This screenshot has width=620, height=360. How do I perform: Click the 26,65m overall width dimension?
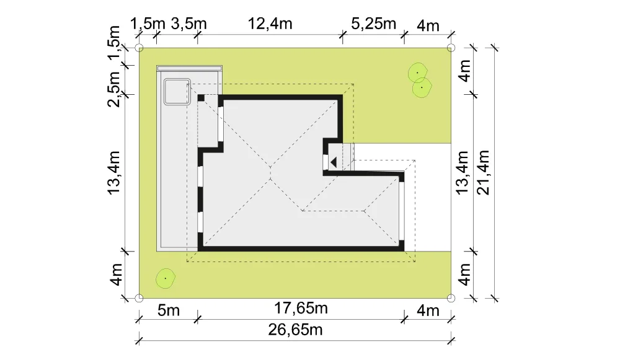295,330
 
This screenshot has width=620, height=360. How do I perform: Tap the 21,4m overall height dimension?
483,173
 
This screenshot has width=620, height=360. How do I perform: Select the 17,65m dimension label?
301,308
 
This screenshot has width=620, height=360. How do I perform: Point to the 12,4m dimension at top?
270,24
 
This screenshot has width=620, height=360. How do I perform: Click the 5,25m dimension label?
374,24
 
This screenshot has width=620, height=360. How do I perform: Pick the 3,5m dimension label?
188,24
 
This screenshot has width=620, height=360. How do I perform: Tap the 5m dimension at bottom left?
169,310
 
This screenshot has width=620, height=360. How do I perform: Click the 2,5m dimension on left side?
114,89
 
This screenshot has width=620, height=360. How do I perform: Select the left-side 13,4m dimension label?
114,173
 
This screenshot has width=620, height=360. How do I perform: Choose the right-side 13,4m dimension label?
463,173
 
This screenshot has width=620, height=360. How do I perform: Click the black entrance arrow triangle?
334,162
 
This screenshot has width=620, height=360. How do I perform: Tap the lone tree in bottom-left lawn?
166,279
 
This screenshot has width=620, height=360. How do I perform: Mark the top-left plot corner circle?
139,48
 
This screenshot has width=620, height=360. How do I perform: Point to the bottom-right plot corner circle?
451,298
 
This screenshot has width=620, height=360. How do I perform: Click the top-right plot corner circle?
451,48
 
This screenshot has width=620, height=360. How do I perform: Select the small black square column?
201,98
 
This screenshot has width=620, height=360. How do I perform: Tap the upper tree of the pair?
417,72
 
